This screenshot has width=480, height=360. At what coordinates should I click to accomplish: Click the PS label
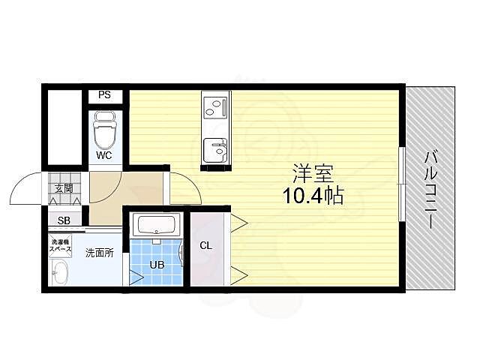pyautogui.click(x=104, y=95)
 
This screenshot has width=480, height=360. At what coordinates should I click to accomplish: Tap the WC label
pyautogui.click(x=103, y=156)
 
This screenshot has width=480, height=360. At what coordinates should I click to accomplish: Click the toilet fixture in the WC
pyautogui.click(x=103, y=131)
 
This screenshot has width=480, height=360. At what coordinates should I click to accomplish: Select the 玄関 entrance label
pyautogui.click(x=64, y=189)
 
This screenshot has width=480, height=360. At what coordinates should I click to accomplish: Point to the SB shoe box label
pyautogui.click(x=64, y=220)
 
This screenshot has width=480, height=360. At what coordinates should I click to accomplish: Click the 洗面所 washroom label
pyautogui.click(x=99, y=253)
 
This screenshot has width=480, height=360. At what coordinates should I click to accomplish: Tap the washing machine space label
pyautogui.click(x=61, y=244)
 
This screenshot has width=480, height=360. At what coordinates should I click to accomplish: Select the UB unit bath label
pyautogui.click(x=156, y=265)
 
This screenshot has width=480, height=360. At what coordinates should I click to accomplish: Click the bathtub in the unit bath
pyautogui.click(x=156, y=224)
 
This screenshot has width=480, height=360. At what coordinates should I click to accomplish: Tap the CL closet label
pyautogui.click(x=205, y=245)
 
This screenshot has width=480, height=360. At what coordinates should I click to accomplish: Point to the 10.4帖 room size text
pyautogui.click(x=313, y=197)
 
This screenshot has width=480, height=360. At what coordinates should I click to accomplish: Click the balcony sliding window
pyautogui.click(x=401, y=184)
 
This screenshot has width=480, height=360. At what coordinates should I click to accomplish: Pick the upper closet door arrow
pyautogui.click(x=239, y=221)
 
